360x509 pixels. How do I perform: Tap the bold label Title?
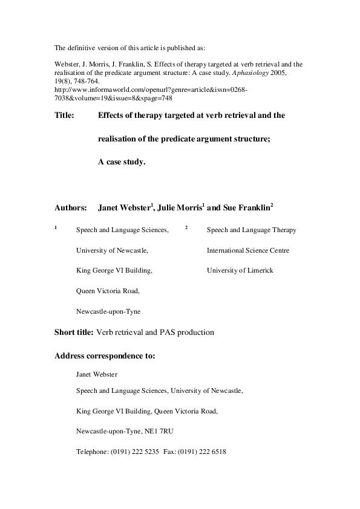point(64,115)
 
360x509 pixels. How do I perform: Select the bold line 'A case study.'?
point(122,161)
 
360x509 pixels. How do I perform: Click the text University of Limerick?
point(240,270)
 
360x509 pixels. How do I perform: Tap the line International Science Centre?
point(247,250)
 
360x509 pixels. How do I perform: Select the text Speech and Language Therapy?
point(251,230)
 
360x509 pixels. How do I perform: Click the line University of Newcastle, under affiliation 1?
point(112,250)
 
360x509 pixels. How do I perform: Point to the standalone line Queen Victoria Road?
point(108,291)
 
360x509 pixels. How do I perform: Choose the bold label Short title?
point(74,332)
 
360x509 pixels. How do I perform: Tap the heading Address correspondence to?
point(105,355)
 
